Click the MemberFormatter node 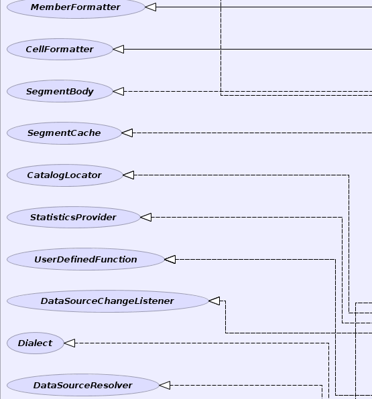tap(76, 7)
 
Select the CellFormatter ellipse tap(60, 49)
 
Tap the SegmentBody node tap(60, 91)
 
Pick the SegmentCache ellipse tap(64, 133)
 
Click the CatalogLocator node tap(65, 175)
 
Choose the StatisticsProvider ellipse tap(73, 218)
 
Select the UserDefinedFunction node tap(86, 259)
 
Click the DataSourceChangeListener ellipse tap(107, 301)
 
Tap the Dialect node tap(35, 343)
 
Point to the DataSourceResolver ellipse tap(83, 385)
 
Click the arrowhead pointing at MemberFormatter tap(151, 7)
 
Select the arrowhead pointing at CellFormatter tap(119, 49)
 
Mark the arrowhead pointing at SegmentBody tap(119, 91)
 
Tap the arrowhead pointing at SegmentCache tap(127, 133)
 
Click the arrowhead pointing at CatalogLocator tap(129, 175)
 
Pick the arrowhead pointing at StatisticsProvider tap(145, 218)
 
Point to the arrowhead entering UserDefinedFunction tap(170, 259)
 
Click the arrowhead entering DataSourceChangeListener tap(214, 301)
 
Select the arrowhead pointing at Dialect tap(69, 343)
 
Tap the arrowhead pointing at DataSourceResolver tap(165, 385)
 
